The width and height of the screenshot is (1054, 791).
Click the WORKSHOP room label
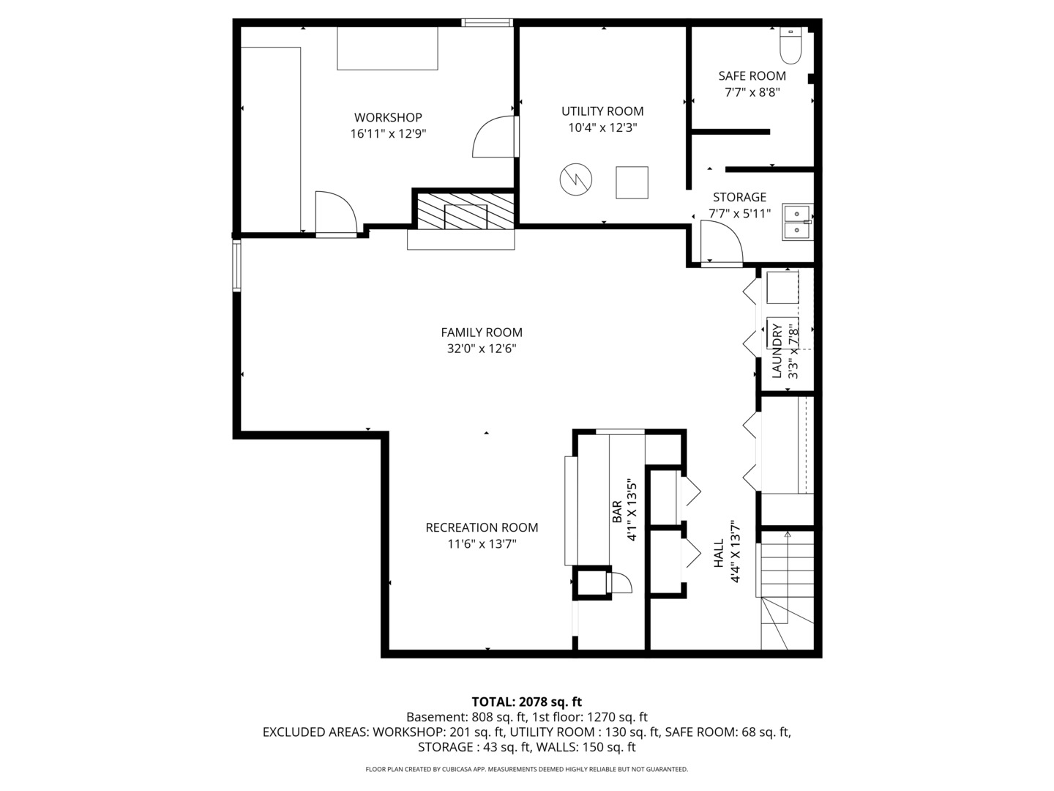pos(388,117)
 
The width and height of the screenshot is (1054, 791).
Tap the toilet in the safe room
pos(790,46)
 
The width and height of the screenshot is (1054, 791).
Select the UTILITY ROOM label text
pos(602,111)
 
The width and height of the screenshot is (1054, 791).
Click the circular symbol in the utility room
pos(575,179)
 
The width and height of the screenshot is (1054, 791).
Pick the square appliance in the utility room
pos(632,182)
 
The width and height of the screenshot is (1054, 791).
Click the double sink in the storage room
pos(796,222)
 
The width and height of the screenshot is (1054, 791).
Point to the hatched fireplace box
pos(466,210)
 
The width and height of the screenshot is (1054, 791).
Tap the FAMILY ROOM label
pos(482,333)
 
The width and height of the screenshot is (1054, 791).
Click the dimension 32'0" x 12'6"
pos(482,349)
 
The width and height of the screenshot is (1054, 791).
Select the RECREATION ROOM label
pos(482,527)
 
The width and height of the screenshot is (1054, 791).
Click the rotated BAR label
pos(616,511)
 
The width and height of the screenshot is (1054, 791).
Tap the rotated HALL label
pos(718,553)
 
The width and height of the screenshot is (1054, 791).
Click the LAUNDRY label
pos(777,351)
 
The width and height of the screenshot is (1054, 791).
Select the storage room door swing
pos(720,243)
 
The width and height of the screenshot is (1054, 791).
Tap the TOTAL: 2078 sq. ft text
pos(526,702)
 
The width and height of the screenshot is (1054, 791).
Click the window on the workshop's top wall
pos(487,23)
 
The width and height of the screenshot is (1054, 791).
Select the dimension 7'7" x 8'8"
pos(752,92)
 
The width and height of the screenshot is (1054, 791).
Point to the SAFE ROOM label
pos(752,76)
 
